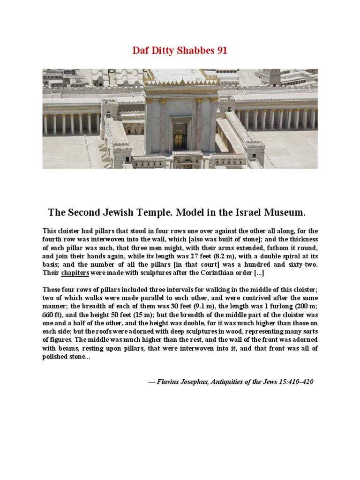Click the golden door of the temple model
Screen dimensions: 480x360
tap(179, 139)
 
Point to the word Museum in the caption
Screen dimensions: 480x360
tap(282, 213)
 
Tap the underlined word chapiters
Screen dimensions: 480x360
tap(75, 273)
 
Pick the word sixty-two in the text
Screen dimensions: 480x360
tap(300, 264)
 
